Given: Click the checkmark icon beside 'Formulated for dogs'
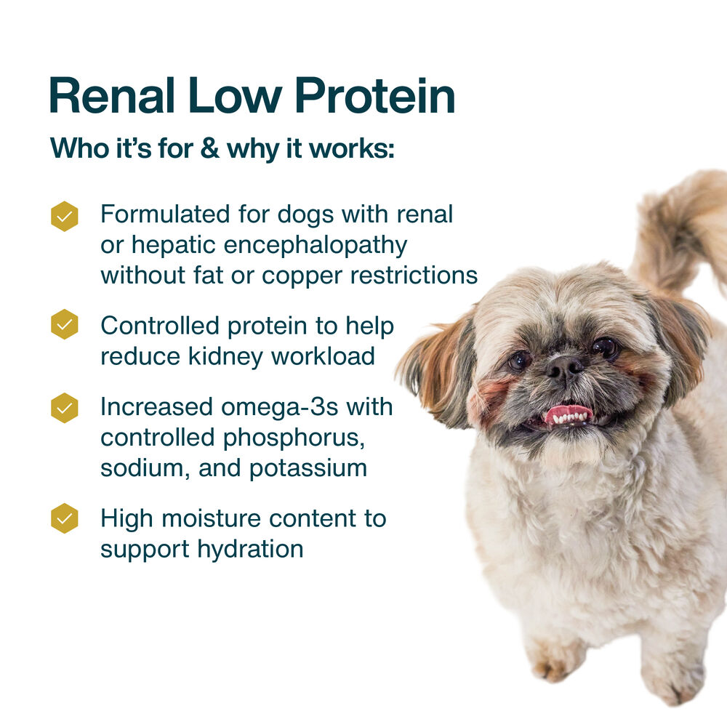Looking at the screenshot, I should (x=64, y=216).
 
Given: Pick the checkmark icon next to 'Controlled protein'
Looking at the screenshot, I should (x=64, y=324).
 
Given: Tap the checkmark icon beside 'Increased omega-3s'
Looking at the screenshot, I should (x=64, y=408).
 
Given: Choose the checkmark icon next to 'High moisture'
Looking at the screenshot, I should (x=64, y=518).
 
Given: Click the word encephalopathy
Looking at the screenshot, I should (x=315, y=246).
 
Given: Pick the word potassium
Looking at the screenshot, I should (x=308, y=468).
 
